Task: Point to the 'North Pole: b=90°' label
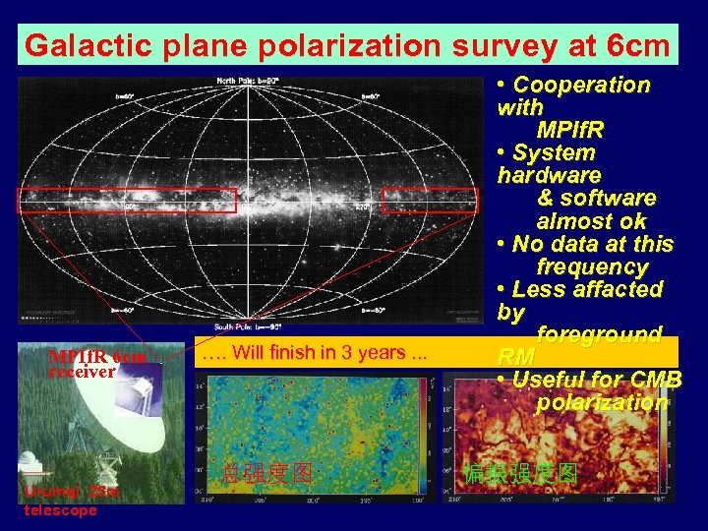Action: [x=248, y=81]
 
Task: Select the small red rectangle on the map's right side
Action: [x=430, y=200]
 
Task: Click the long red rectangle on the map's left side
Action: [x=127, y=200]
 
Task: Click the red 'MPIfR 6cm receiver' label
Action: [x=96, y=364]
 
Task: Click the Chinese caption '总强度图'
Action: [x=268, y=473]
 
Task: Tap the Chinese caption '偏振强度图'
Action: [x=520, y=473]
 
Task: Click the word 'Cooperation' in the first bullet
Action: [x=581, y=85]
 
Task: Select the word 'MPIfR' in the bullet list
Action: [x=570, y=130]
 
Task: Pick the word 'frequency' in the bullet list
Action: [x=592, y=266]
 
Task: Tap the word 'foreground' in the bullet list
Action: [x=599, y=334]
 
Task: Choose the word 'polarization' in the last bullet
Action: [x=602, y=402]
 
